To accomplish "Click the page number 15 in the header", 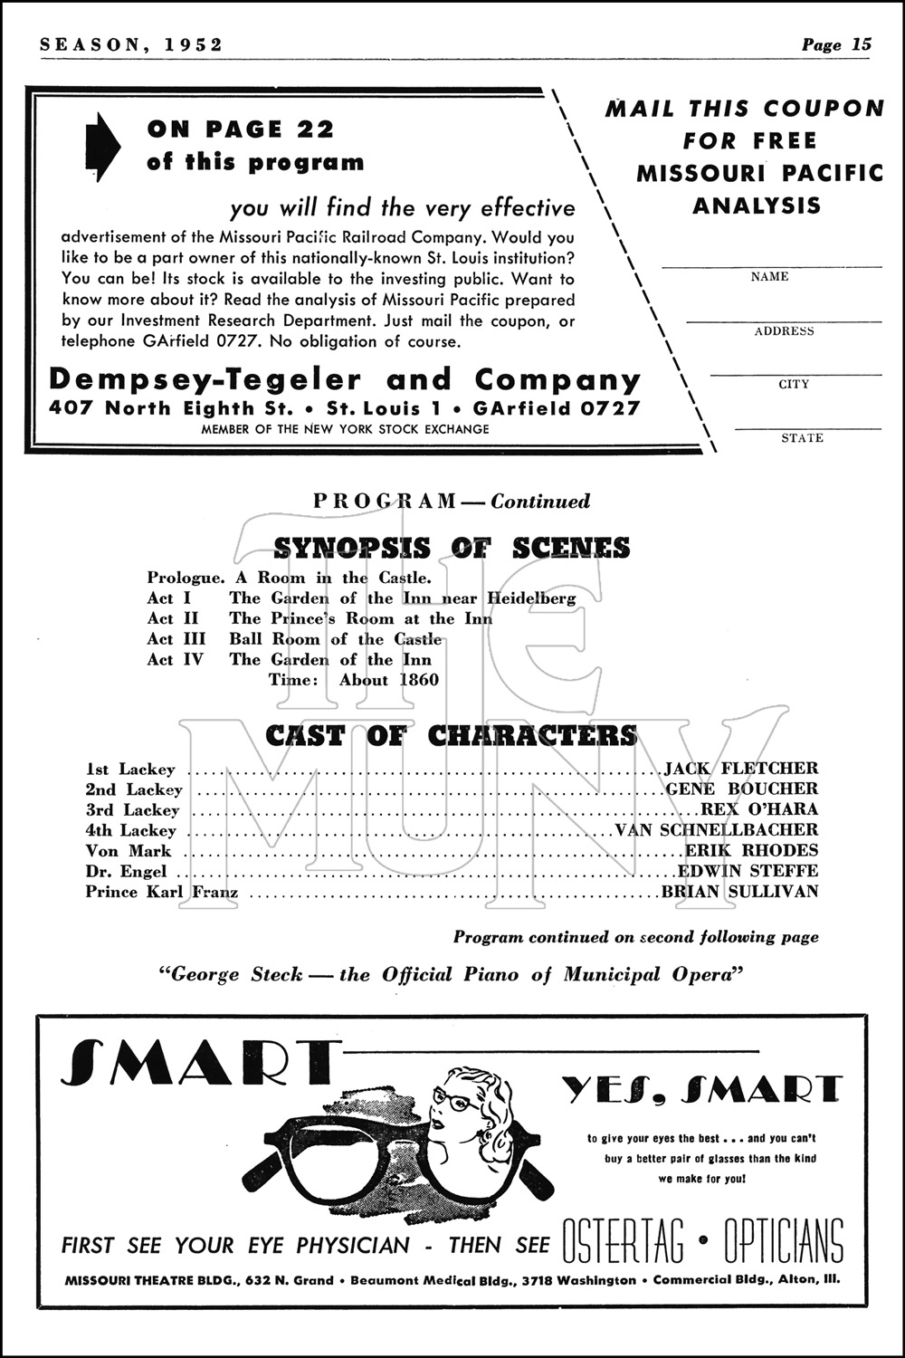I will [x=861, y=45].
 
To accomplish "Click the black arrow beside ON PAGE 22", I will [x=103, y=146].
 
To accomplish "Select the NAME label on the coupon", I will [x=769, y=277].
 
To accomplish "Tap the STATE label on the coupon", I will [x=802, y=438].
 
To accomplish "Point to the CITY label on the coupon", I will [x=794, y=384].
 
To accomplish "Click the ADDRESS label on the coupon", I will [x=784, y=331].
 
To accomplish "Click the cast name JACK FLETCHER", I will [x=741, y=769].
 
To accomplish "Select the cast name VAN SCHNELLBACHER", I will [x=716, y=830].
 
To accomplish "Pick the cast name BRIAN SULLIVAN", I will [x=739, y=892].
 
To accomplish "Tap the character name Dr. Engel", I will [x=127, y=872].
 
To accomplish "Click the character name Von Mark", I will [x=129, y=851].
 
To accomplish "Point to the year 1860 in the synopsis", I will [x=416, y=681].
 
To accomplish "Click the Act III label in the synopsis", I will [x=176, y=639].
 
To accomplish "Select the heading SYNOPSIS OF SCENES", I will [x=452, y=549].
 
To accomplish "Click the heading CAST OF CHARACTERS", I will [x=452, y=736].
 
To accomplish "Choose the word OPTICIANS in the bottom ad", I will [x=784, y=1241].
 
